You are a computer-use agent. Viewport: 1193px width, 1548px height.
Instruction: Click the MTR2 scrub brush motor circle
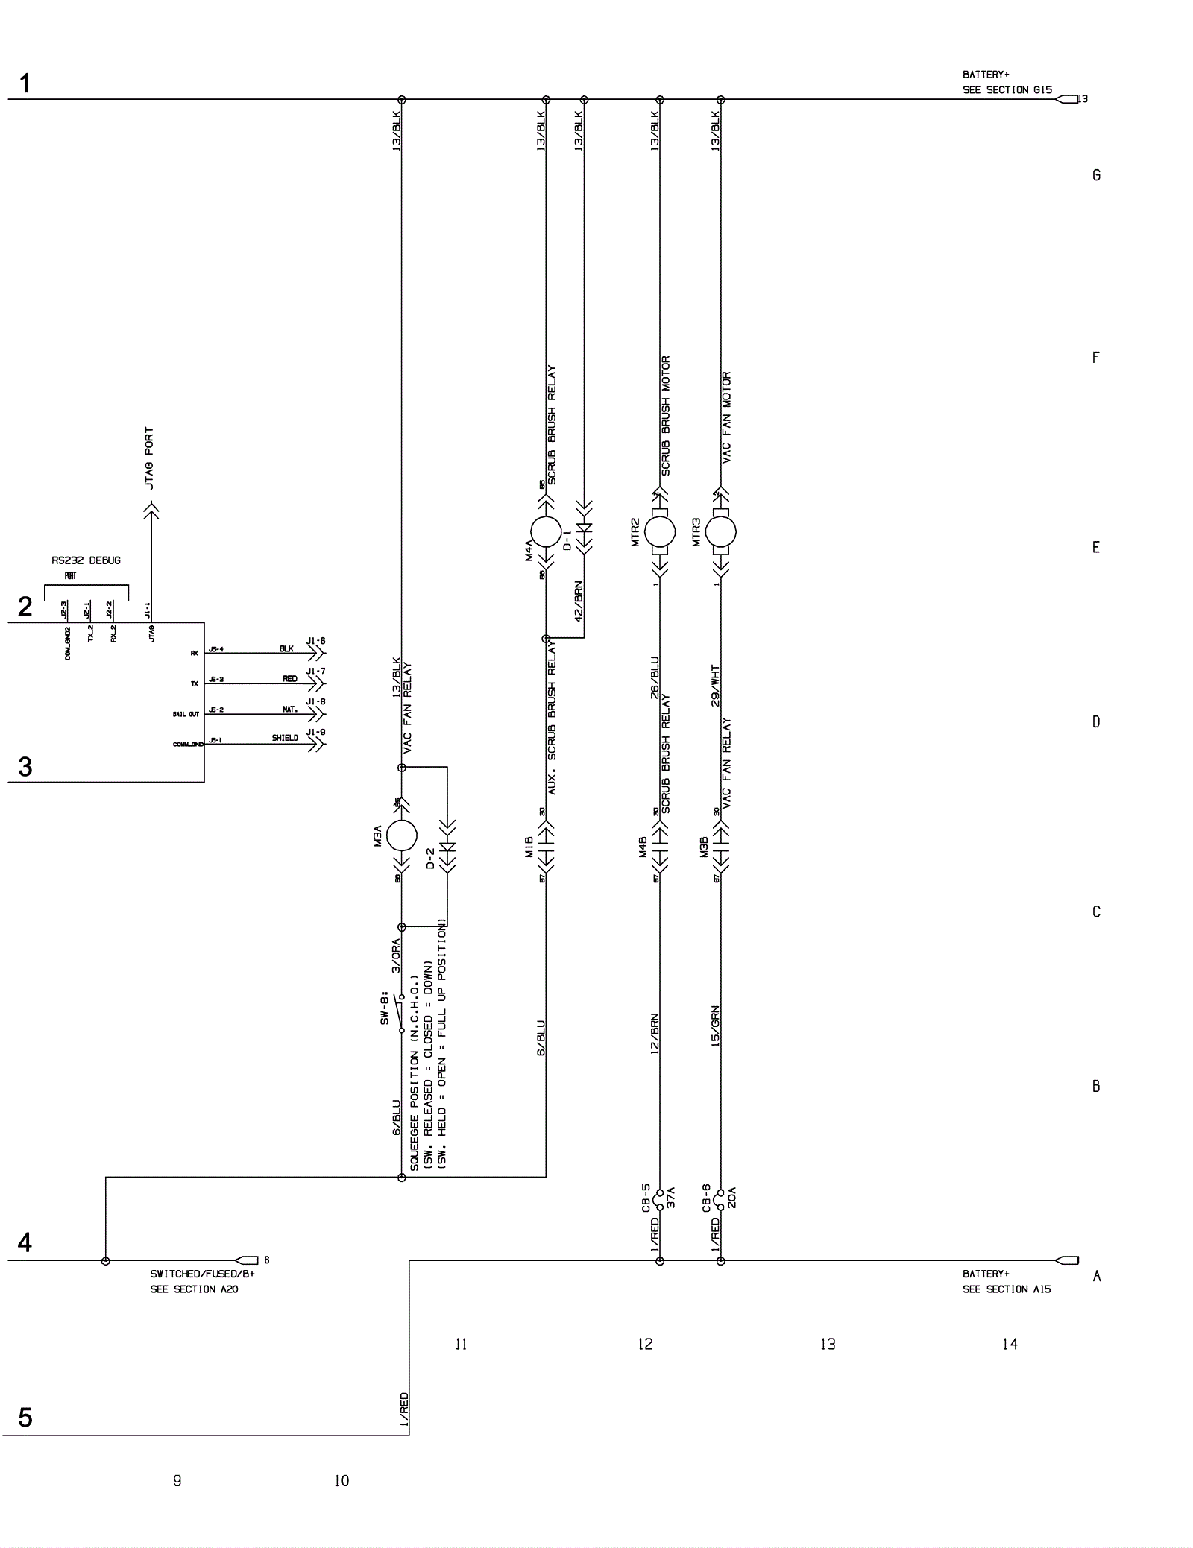click(x=659, y=531)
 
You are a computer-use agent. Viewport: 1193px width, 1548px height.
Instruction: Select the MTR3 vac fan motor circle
click(x=720, y=531)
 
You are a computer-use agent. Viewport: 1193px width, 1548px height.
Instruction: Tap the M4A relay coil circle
click(x=546, y=531)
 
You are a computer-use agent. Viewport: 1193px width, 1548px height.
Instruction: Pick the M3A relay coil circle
click(x=401, y=835)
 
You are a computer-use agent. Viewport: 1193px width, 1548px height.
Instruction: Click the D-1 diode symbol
click(x=585, y=528)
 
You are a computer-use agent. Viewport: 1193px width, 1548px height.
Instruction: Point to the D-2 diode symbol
click(x=447, y=848)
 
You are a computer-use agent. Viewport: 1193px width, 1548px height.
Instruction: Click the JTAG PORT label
click(x=149, y=458)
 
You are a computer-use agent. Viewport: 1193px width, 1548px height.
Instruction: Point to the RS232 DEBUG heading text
click(x=86, y=560)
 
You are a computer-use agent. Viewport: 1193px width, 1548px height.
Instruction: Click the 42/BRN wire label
click(x=579, y=601)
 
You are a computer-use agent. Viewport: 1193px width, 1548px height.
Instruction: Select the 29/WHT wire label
click(x=715, y=685)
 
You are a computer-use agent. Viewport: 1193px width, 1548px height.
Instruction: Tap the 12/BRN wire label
click(x=654, y=1033)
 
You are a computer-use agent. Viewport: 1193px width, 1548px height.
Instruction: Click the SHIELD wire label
click(x=285, y=738)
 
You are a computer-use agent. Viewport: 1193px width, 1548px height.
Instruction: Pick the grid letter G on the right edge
click(x=1096, y=175)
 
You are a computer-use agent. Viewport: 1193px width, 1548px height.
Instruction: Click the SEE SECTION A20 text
click(x=194, y=1289)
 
